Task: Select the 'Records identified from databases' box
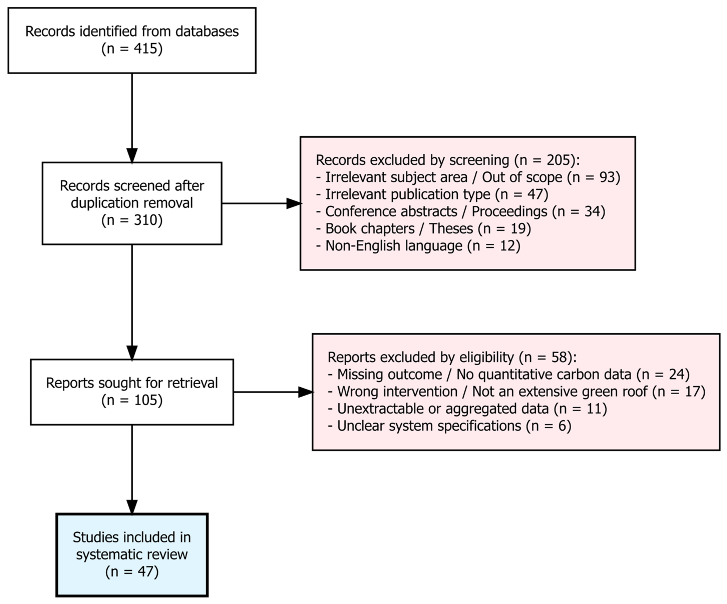[x=132, y=41]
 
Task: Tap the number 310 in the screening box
[x=146, y=220]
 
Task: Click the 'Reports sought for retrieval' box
[x=132, y=392]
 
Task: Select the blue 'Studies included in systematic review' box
[x=132, y=555]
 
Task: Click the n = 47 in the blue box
[x=132, y=571]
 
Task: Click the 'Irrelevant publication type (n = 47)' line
[x=432, y=194]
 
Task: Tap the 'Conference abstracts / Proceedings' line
[x=460, y=211]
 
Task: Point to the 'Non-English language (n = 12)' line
[x=418, y=246]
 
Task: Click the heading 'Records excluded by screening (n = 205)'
[x=448, y=160]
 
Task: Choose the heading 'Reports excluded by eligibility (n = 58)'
[x=452, y=357]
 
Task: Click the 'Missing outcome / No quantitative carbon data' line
[x=508, y=374]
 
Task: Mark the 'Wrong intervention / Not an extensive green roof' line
[x=516, y=392]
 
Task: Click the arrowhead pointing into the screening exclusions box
[x=294, y=203]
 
